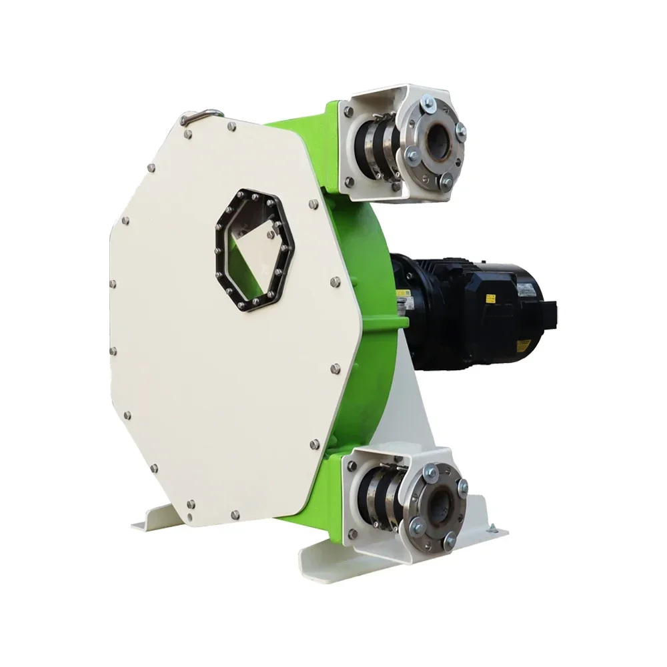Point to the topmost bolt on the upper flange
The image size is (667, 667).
(x=429, y=103)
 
